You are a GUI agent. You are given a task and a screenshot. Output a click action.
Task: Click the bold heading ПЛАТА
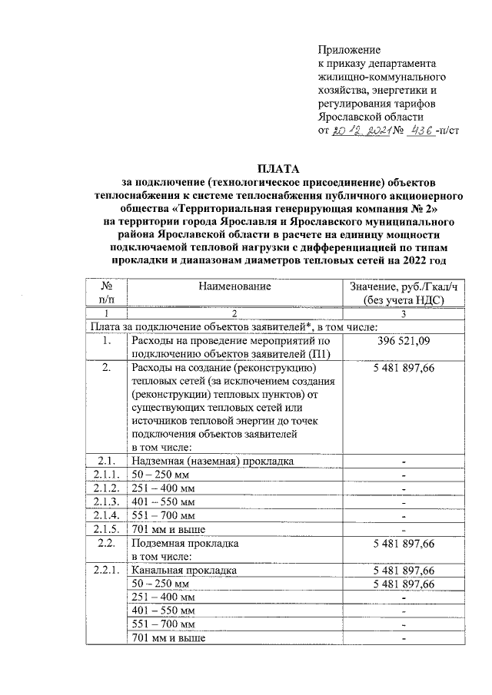tap(278, 168)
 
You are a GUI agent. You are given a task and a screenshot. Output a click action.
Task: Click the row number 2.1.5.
tap(107, 528)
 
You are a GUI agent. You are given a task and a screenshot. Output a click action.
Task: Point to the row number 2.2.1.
tap(107, 571)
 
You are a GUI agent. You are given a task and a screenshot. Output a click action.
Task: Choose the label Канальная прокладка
tap(184, 571)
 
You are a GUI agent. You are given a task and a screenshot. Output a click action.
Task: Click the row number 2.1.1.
tap(107, 475)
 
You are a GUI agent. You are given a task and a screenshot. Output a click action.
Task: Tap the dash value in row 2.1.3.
tap(404, 501)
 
